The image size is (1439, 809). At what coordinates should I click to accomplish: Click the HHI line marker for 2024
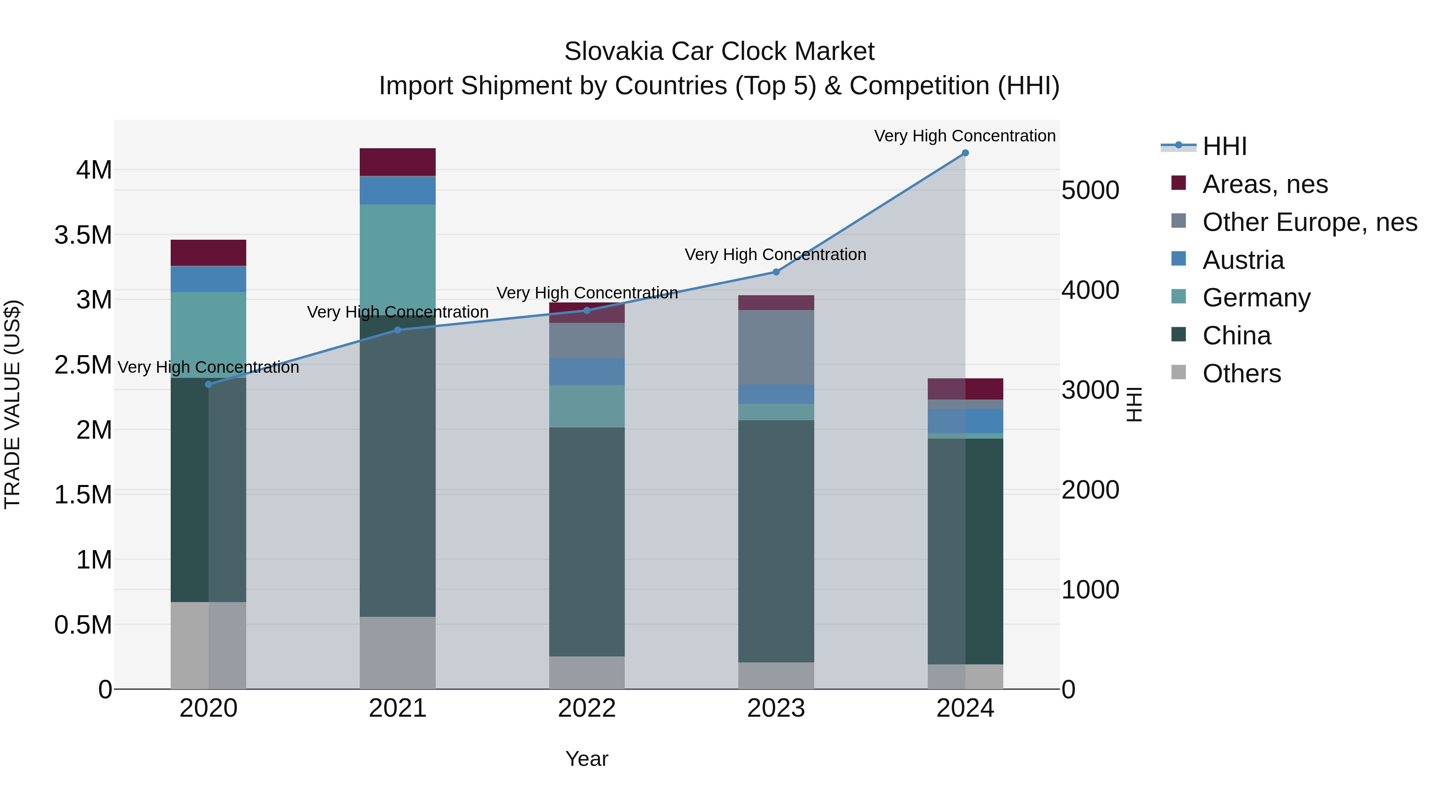965,153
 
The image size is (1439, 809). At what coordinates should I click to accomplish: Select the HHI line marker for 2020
208,384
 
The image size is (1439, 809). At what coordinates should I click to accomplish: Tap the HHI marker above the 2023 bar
775,272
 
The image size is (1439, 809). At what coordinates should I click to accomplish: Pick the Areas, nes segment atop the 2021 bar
397,162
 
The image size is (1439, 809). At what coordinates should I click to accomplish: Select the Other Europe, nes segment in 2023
775,347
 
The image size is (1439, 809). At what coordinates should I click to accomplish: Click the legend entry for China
1236,336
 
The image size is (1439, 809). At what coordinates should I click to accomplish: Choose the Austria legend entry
1243,260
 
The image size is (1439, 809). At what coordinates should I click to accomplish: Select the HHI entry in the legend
1224,146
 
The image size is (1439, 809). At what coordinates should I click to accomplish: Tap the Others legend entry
1241,374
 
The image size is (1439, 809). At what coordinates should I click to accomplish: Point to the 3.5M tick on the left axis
83,235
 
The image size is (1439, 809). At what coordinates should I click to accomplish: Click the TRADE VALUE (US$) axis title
12,404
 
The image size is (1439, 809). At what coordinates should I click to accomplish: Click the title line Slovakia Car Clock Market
719,52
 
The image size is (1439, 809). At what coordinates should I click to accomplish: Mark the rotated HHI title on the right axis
1134,404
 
